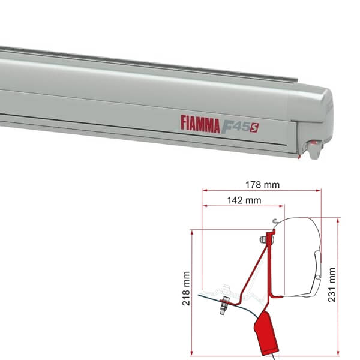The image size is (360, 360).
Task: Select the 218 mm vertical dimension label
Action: pyautogui.click(x=187, y=292)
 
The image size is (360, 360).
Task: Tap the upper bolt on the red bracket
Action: pyautogui.click(x=264, y=241)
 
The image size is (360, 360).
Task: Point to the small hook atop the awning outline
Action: pyautogui.click(x=274, y=221)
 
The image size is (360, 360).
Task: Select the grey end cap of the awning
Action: pyautogui.click(x=318, y=120)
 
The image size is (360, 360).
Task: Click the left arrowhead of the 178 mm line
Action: pyautogui.click(x=205, y=190)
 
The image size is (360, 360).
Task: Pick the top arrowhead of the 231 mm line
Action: pyautogui.click(x=339, y=220)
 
